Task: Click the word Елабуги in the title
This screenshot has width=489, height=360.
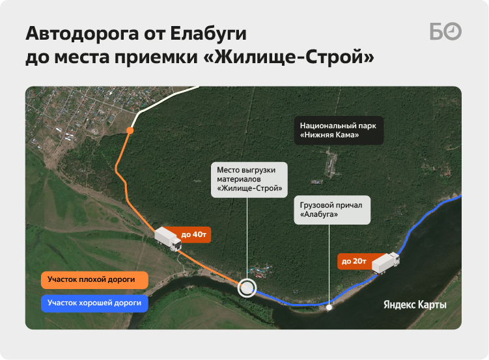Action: coord(208,34)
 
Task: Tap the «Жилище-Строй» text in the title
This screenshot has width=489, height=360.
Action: coord(288,57)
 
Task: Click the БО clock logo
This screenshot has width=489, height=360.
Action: coord(445,31)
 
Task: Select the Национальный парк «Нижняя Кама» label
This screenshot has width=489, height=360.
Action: coord(339,130)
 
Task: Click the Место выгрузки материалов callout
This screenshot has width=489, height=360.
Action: coord(249,180)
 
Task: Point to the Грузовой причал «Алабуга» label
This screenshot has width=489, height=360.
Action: coord(332,210)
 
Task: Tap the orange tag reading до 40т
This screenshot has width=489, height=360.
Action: coord(193,235)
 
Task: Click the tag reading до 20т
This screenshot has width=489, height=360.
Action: coord(354,261)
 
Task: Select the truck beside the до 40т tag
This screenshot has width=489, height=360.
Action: coord(168,239)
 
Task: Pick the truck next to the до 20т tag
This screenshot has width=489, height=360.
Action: coord(385,263)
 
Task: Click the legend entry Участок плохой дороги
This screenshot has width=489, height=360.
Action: coord(94,279)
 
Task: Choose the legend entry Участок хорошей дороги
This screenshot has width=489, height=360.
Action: coord(94,303)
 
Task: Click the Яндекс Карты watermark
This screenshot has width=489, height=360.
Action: coord(415,305)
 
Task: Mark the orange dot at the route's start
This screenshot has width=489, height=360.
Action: coord(130,131)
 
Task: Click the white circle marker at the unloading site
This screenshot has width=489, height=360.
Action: coord(247,279)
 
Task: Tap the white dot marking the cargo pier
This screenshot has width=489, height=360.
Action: coord(329,308)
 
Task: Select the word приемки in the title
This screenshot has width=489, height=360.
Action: coord(156,58)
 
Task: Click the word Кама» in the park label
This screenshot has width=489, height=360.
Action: coord(349,135)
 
